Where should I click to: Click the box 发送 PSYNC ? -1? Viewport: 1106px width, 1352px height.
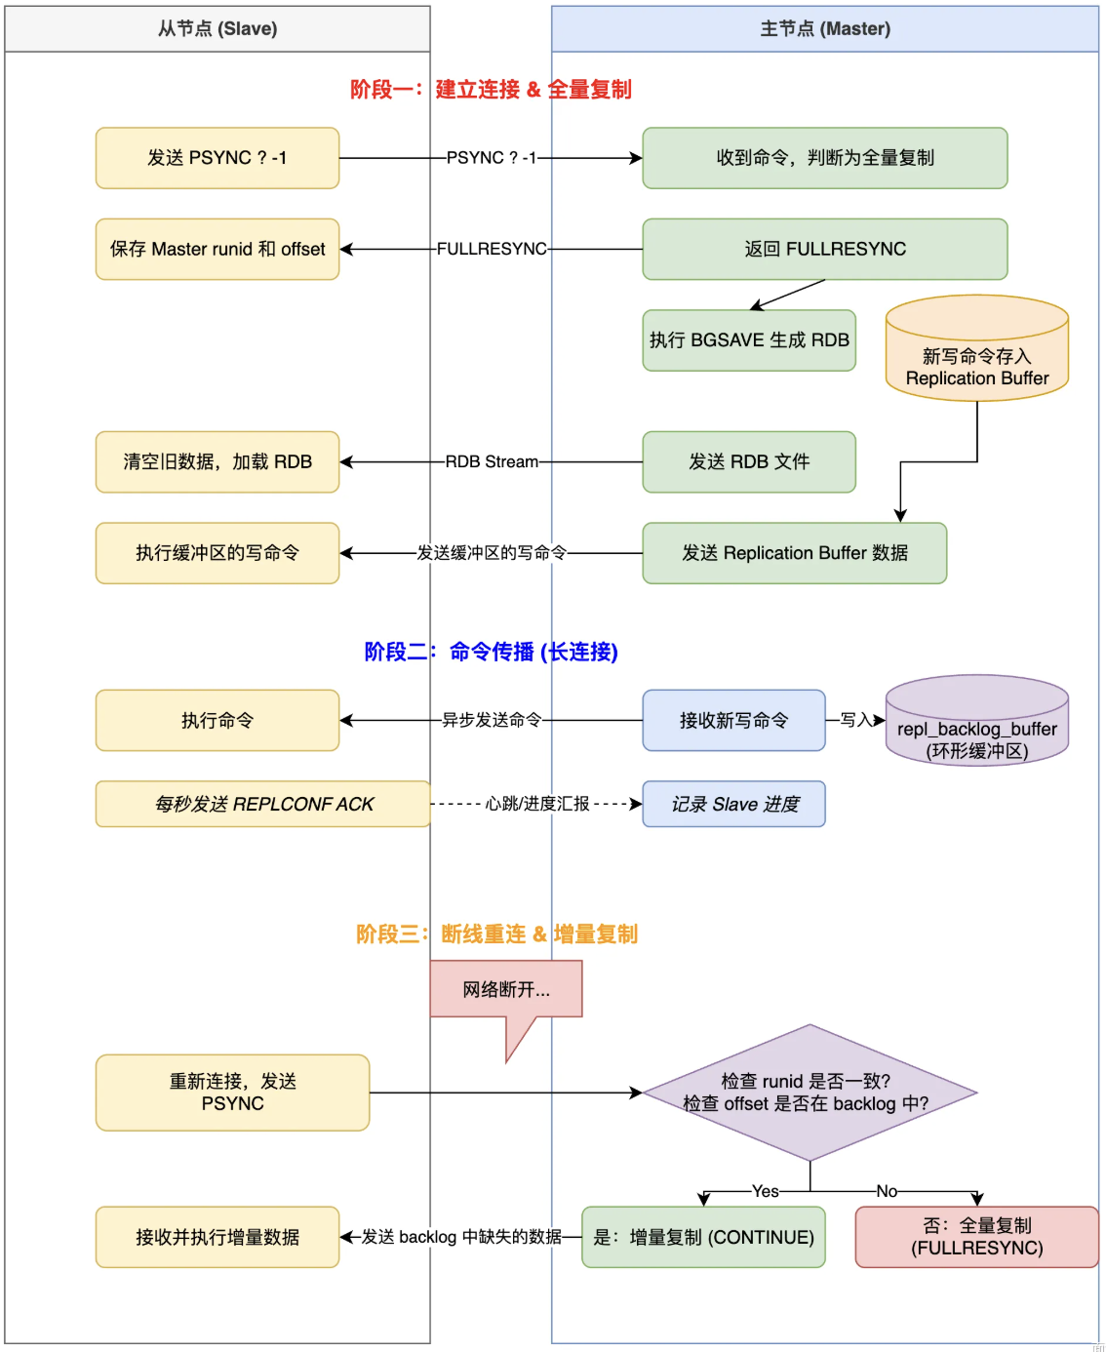coord(217,158)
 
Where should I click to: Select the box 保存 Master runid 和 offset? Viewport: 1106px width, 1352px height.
coord(217,249)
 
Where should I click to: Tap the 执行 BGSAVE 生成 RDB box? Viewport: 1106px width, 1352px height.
coord(749,339)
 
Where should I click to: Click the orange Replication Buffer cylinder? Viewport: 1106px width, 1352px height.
coord(976,348)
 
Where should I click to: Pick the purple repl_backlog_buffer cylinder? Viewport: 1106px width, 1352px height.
coord(976,720)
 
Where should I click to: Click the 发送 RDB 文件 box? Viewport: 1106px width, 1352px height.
coord(749,461)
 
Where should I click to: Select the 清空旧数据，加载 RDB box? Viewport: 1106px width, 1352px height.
coord(217,461)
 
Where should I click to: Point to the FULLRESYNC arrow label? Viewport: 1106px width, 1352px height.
coord(492,249)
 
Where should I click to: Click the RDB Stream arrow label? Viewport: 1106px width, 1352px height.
coord(492,461)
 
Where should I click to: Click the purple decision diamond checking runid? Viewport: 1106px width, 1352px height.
coord(810,1092)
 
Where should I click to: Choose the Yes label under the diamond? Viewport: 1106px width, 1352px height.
coord(765,1191)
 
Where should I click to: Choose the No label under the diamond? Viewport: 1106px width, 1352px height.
coord(887,1191)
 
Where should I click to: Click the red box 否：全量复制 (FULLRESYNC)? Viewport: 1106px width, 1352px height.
coord(976,1237)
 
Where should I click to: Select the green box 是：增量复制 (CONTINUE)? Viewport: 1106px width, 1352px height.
coord(703,1237)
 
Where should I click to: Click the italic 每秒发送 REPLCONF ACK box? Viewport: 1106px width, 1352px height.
coord(263,804)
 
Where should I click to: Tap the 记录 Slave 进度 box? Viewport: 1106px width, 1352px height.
coord(733,804)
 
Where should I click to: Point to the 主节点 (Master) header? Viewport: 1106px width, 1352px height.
coord(824,29)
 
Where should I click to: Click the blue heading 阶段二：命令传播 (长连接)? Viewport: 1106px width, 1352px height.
coord(492,652)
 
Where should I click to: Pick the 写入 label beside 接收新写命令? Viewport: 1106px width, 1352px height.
coord(856,720)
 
